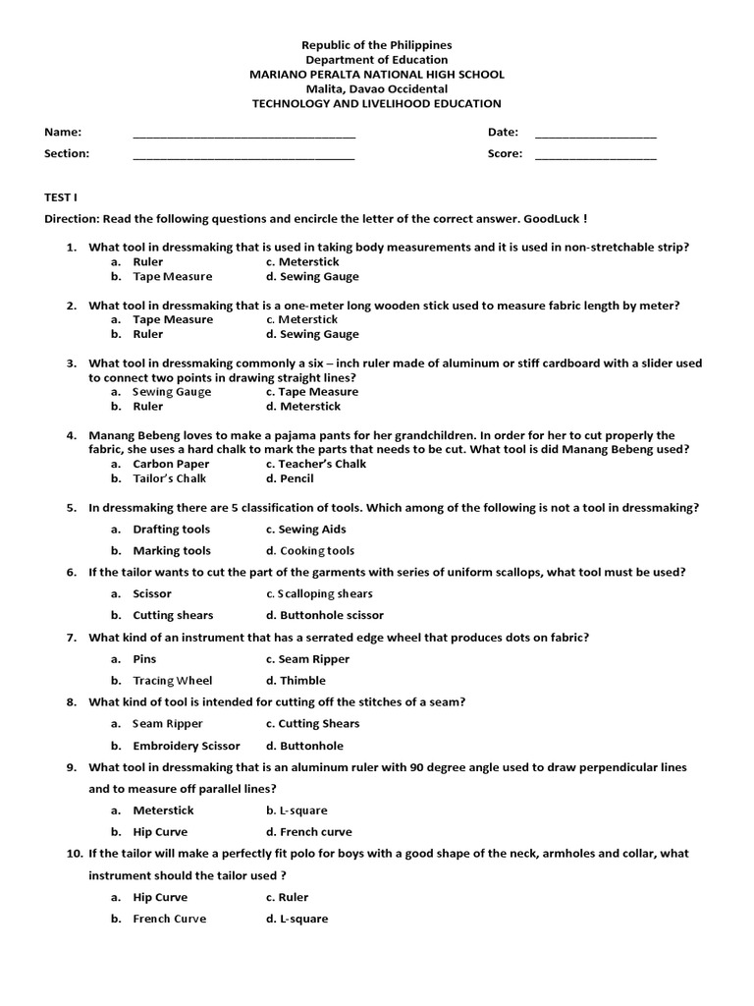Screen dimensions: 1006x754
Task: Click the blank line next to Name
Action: [243, 136]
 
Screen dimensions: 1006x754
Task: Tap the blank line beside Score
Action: [595, 157]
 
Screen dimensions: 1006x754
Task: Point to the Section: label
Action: [67, 153]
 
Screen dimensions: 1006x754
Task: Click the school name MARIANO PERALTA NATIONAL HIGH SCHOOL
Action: [377, 75]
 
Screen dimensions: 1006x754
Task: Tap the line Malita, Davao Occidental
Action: [377, 89]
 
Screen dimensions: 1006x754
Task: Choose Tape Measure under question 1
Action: [172, 277]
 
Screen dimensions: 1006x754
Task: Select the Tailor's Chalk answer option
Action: [170, 479]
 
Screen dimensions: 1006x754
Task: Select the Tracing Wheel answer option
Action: [172, 681]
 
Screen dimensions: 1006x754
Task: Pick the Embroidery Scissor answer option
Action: [186, 747]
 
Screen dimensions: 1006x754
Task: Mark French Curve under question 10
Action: [170, 920]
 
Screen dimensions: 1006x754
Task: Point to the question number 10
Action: [75, 855]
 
